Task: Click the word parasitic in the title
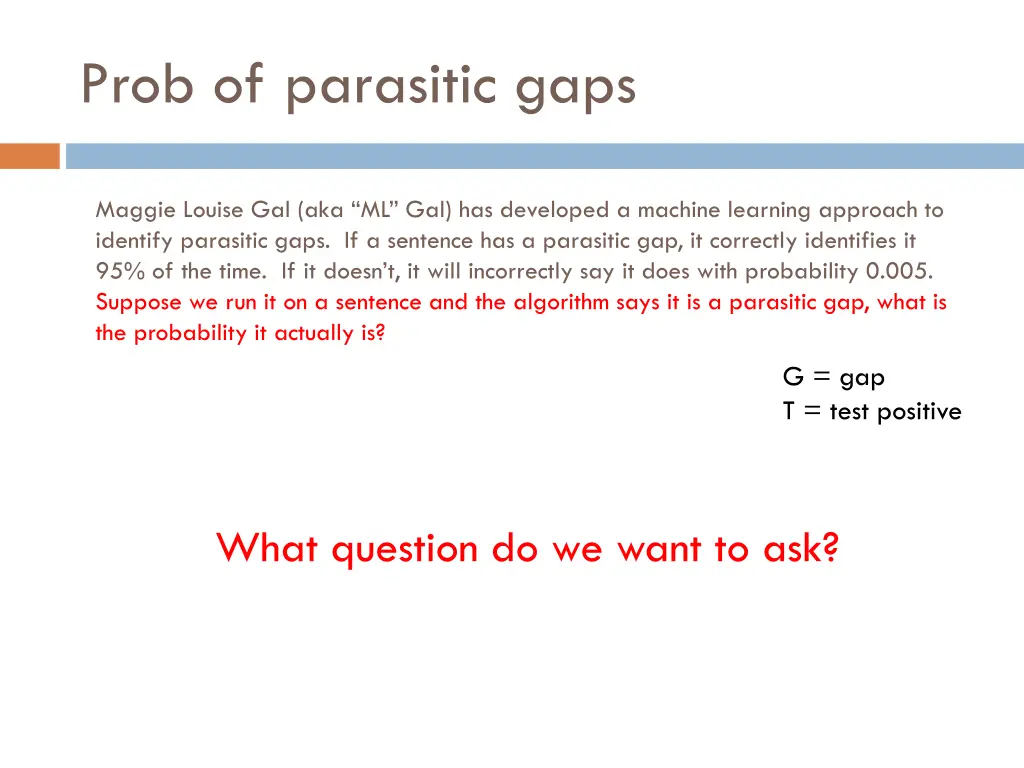point(391,86)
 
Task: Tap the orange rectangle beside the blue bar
point(30,156)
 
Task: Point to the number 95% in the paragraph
point(120,271)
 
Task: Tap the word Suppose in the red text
point(138,302)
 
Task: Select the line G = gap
point(833,377)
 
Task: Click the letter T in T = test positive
point(789,411)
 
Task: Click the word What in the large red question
point(268,548)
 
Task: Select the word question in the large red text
point(405,550)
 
